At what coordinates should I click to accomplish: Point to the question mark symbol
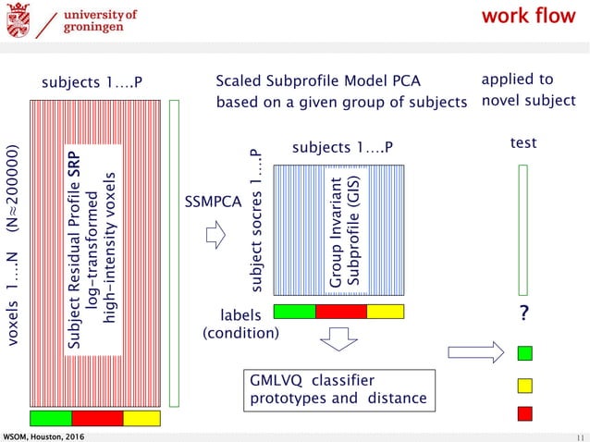coord(524,315)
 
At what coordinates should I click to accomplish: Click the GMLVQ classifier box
coord(338,390)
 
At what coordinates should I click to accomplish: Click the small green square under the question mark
coord(524,352)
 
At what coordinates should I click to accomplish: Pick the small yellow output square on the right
coord(524,384)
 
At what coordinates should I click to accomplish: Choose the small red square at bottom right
coord(524,412)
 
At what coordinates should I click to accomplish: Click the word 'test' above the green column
coord(523,144)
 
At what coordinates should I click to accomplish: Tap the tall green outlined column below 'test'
coord(523,228)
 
